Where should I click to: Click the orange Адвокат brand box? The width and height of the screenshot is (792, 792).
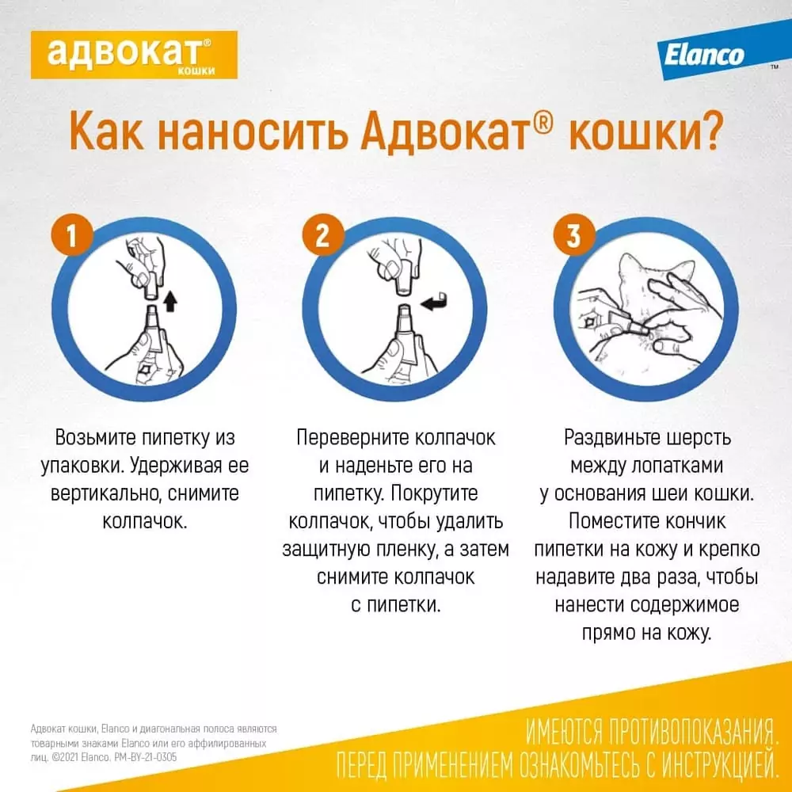pos(134,54)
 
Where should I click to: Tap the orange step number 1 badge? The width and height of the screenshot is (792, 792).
pos(73,237)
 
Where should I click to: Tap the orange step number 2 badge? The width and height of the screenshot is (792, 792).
pos(322,237)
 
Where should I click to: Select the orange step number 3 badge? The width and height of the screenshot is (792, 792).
pos(573,237)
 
